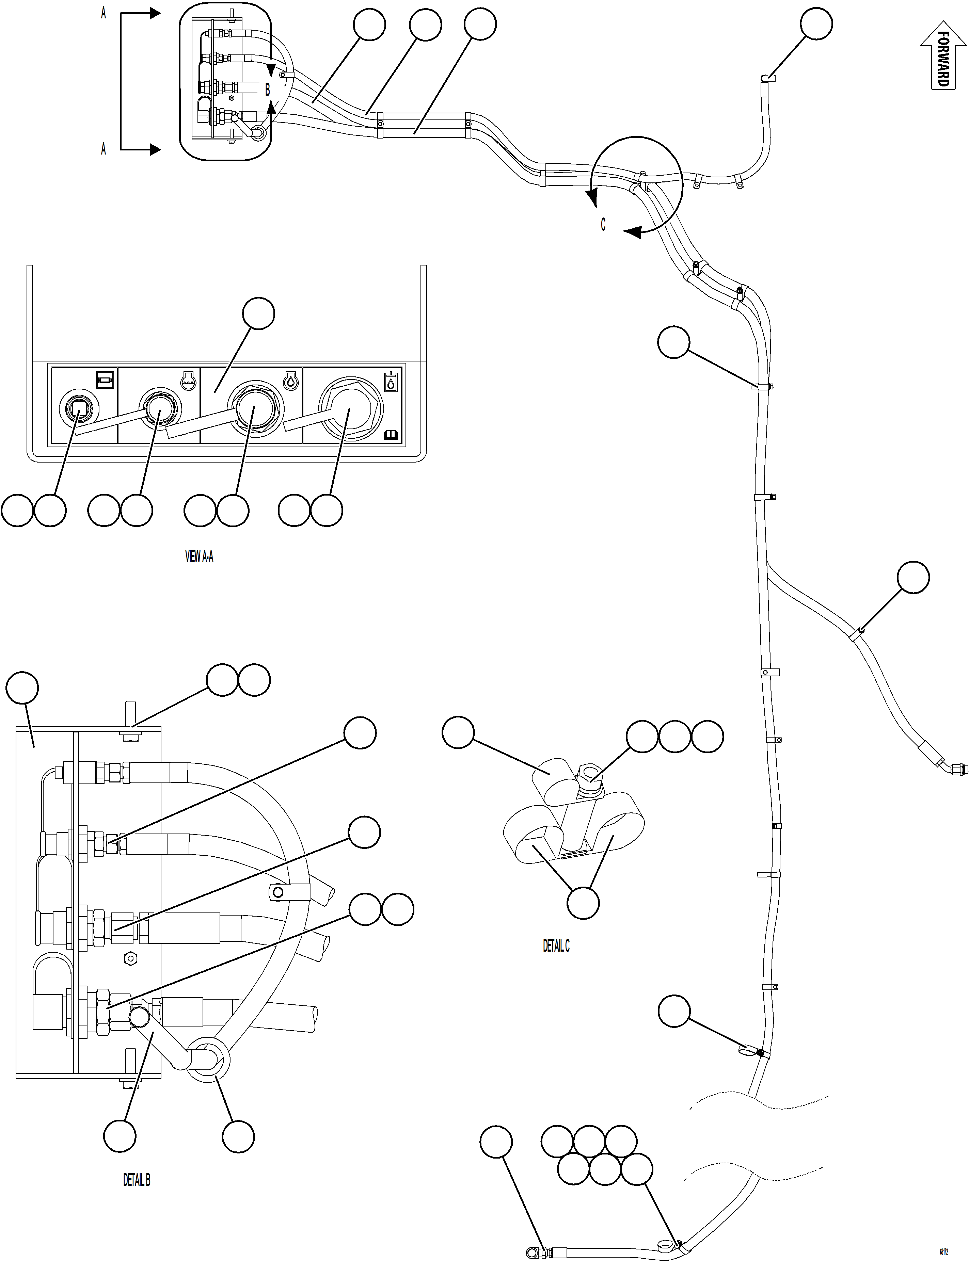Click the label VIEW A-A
coord(199,556)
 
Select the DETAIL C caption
coord(556,945)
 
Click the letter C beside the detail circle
coord(603,224)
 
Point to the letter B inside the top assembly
coord(267,91)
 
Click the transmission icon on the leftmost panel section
coord(105,379)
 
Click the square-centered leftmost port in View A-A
coord(78,409)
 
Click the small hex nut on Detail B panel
coord(130,959)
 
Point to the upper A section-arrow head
coord(155,13)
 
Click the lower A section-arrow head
coord(155,150)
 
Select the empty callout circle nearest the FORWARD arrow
coord(816,24)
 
